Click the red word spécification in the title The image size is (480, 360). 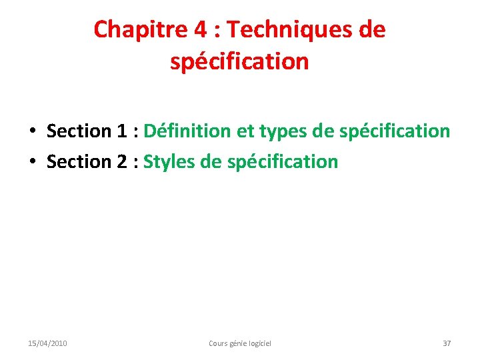(x=239, y=62)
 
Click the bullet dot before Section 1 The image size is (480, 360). (x=32, y=131)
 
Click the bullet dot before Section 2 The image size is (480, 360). (x=32, y=162)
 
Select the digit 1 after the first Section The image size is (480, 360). (x=121, y=131)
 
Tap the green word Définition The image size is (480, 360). (x=187, y=131)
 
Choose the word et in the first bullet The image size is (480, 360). (x=245, y=131)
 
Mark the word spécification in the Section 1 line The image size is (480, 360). (x=395, y=131)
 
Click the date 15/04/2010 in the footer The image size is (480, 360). (x=47, y=343)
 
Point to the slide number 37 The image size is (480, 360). (x=447, y=343)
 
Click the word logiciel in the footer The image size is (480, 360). (x=260, y=343)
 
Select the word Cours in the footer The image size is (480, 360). (x=218, y=343)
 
